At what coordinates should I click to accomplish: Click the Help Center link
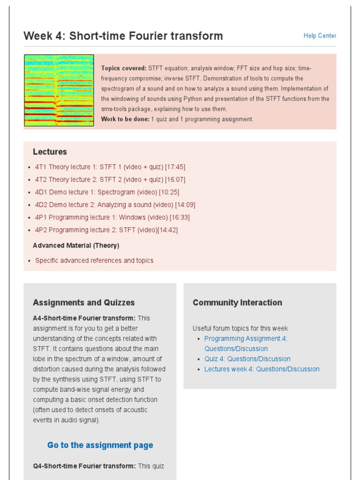pyautogui.click(x=320, y=36)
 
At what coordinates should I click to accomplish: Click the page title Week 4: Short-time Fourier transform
pyautogui.click(x=123, y=36)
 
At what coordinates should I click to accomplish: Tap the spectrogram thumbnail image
pyautogui.click(x=59, y=90)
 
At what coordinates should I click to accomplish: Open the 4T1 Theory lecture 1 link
pyautogui.click(x=110, y=167)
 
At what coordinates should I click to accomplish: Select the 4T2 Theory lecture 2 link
pyautogui.click(x=110, y=180)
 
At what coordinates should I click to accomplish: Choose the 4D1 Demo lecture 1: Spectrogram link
pyautogui.click(x=107, y=192)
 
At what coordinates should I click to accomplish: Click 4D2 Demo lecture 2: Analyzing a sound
pyautogui.click(x=115, y=205)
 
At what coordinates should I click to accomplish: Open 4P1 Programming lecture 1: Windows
pyautogui.click(x=112, y=217)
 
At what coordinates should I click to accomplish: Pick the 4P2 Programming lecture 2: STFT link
pyautogui.click(x=106, y=230)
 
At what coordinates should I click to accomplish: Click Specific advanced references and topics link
pyautogui.click(x=94, y=261)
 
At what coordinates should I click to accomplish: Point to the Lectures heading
pyautogui.click(x=50, y=152)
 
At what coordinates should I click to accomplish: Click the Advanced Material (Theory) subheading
pyautogui.click(x=76, y=246)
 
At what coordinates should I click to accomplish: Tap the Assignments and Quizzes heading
pyautogui.click(x=83, y=303)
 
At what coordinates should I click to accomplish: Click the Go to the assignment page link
pyautogui.click(x=100, y=445)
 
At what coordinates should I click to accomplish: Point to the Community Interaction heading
pyautogui.click(x=237, y=303)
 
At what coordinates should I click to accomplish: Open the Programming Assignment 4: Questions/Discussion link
pyautogui.click(x=245, y=344)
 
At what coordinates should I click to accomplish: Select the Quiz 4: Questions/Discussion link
pyautogui.click(x=247, y=359)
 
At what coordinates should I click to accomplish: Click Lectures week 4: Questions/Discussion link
pyautogui.click(x=262, y=369)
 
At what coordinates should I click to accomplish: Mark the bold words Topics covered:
pyautogui.click(x=124, y=68)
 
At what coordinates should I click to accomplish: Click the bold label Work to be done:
pyautogui.click(x=125, y=119)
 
